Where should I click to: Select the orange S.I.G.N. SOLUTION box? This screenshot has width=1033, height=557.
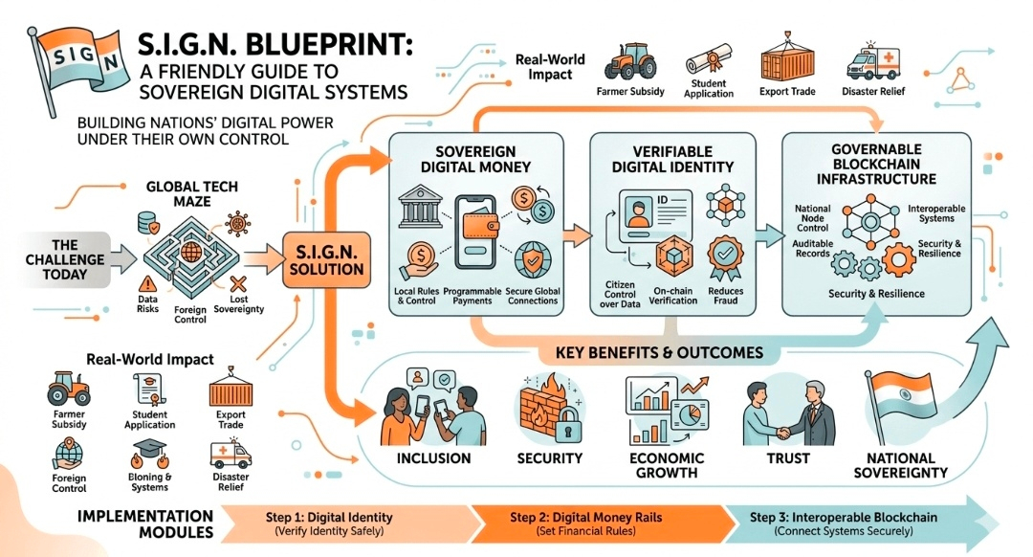click(325, 258)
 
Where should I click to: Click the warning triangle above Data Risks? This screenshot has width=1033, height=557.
click(148, 284)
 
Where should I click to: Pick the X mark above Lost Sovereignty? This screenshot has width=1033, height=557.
click(237, 284)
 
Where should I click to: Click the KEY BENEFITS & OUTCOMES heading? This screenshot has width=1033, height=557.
click(659, 353)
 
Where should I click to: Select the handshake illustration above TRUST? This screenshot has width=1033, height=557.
click(780, 414)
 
